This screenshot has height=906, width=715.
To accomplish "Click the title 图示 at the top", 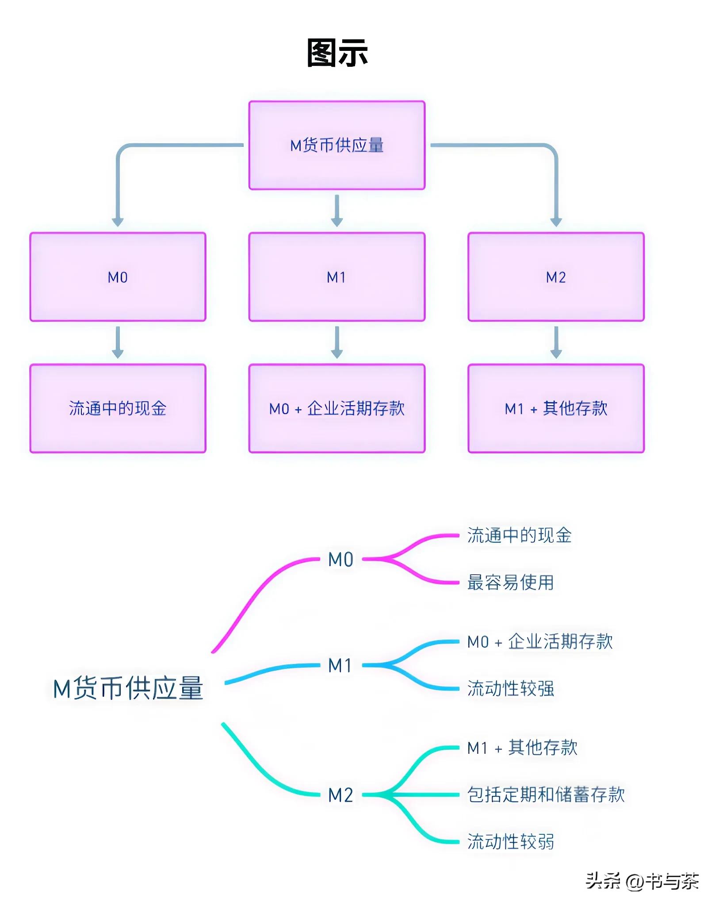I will (x=337, y=53).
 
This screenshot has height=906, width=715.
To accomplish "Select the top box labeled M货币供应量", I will (x=337, y=145).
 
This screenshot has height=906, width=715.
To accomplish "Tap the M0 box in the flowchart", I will (x=118, y=277).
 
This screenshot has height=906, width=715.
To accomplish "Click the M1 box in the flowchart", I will (x=337, y=277).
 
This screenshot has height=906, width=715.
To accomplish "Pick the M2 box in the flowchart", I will (x=556, y=277).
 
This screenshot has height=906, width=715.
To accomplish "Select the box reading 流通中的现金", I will (x=118, y=408).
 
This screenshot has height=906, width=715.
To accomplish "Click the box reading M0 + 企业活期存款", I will (x=337, y=408).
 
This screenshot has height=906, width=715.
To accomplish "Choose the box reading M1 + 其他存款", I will (x=556, y=408).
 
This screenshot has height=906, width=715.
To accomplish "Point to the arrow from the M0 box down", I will (x=118, y=342).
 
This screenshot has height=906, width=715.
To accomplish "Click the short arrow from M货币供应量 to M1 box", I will (x=337, y=210).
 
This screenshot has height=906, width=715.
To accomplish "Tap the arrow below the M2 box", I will (x=556, y=342).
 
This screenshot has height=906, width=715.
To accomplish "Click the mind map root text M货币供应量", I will (x=128, y=688).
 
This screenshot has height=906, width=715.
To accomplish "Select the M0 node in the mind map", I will (x=340, y=559).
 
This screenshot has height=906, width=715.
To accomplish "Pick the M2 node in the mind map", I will (x=340, y=795).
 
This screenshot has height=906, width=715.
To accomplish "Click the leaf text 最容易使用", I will (x=510, y=582).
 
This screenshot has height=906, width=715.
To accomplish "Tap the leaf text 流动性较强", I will (x=510, y=688).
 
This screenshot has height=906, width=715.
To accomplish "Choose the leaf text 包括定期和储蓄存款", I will (x=546, y=795).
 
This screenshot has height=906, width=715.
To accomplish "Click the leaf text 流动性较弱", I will (x=510, y=841).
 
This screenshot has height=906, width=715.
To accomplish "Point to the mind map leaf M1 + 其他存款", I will (x=522, y=748).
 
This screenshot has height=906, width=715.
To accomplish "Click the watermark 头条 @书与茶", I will (x=642, y=881).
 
